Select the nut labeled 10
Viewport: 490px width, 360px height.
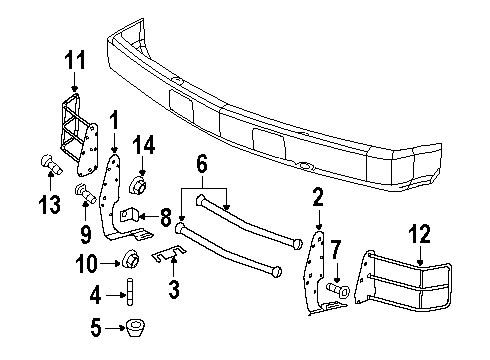point(130,263)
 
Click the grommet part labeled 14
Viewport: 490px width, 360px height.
point(139,186)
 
